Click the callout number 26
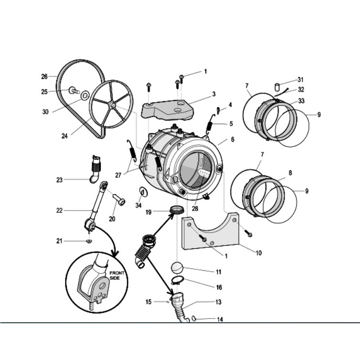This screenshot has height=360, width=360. [x=44, y=76]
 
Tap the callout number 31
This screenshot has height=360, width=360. [x=300, y=80]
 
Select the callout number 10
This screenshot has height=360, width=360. [x=258, y=253]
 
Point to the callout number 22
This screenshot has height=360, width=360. [x=60, y=210]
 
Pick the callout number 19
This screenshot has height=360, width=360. [x=148, y=212]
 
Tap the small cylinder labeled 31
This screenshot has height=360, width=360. [x=276, y=86]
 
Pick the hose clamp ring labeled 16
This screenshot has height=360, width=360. [x=177, y=280]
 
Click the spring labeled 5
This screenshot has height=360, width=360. [x=209, y=126]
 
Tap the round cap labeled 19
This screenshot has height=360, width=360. [x=176, y=209]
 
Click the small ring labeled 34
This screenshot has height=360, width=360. [x=142, y=192]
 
